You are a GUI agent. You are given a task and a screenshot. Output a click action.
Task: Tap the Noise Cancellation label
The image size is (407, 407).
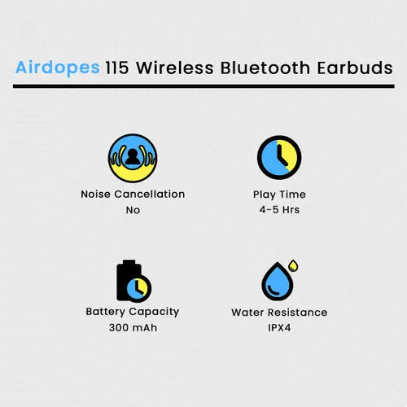point(133,194)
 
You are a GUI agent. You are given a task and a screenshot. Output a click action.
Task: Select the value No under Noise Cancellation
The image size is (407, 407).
point(133,210)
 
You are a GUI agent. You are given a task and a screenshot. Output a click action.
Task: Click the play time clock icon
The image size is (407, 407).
point(279,156)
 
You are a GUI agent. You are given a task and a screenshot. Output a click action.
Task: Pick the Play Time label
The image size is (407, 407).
point(279,194)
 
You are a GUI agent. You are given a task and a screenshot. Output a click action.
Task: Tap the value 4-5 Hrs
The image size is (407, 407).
point(279,210)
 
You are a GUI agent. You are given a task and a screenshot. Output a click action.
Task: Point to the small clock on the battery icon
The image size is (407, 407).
point(139,287)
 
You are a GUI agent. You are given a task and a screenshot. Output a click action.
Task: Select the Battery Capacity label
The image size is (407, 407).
point(133,311)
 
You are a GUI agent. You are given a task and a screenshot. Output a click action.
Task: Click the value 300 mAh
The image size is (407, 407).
point(133,327)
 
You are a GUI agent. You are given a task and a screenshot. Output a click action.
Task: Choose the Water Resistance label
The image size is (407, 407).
point(279,312)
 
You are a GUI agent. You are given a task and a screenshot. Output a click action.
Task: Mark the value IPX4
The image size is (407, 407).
point(279,328)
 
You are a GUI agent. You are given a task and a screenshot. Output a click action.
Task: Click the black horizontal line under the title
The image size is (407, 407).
point(203,85)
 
